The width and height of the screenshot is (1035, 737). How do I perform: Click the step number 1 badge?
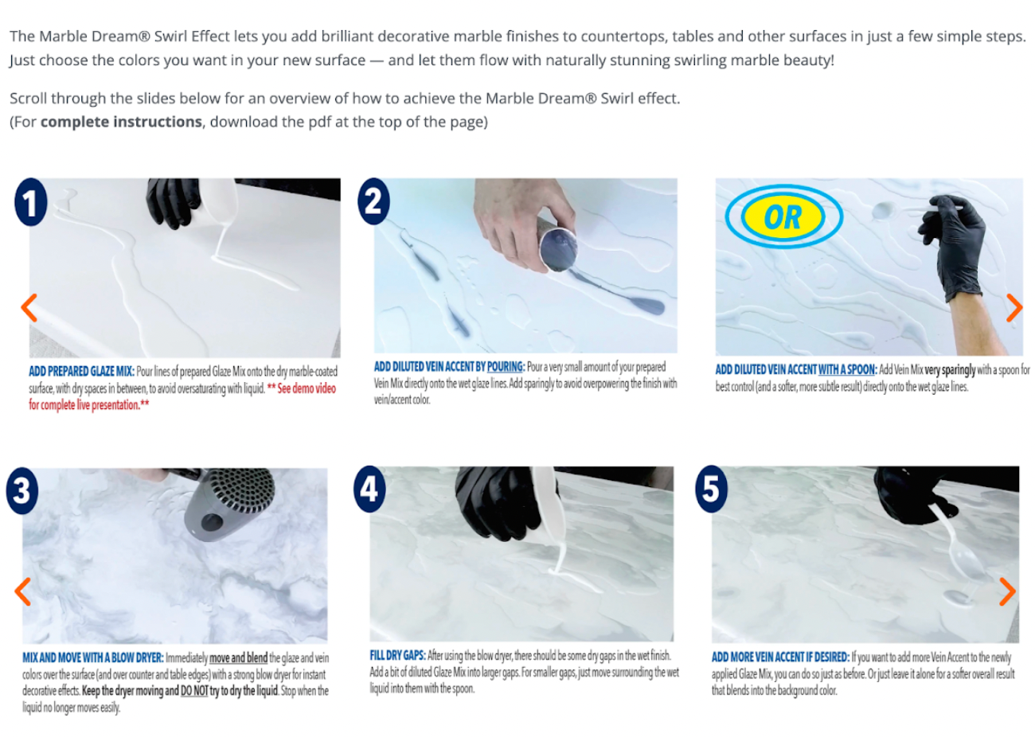[31, 202]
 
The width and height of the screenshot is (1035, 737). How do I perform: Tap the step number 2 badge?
[373, 201]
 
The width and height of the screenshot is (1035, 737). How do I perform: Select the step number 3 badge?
[22, 490]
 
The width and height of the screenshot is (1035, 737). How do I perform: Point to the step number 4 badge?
[369, 489]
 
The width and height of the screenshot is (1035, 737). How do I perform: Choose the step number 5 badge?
[712, 489]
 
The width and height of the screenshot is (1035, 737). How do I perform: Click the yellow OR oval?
[783, 216]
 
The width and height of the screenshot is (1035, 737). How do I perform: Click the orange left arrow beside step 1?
[29, 307]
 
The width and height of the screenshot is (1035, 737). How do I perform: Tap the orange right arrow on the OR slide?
[1014, 307]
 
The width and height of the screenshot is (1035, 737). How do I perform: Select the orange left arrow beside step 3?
[22, 591]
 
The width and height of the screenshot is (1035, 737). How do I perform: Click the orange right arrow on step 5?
[1007, 591]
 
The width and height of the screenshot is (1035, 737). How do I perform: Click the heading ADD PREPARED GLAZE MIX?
[81, 371]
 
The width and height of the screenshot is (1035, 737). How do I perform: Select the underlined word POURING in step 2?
[505, 367]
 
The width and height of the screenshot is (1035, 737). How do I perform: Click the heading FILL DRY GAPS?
[397, 655]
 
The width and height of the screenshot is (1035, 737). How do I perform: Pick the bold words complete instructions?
[121, 122]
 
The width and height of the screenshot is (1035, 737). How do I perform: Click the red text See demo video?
[307, 388]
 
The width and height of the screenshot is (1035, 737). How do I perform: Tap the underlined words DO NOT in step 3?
[193, 691]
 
